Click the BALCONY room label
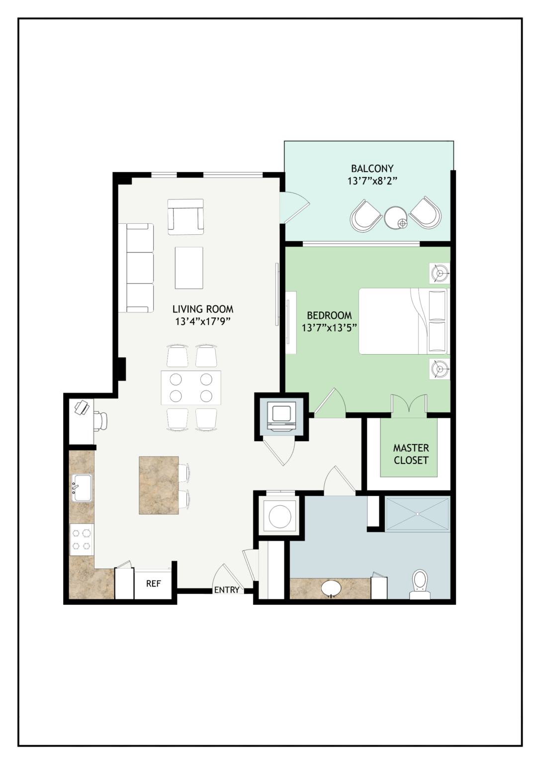click(372, 169)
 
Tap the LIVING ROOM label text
click(203, 309)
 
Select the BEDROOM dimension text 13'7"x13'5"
click(329, 328)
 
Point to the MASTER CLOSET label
click(411, 454)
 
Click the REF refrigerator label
click(154, 583)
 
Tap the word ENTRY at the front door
click(227, 590)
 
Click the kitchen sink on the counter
click(82, 488)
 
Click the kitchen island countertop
click(159, 485)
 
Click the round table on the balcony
click(396, 218)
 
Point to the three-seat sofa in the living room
click(136, 268)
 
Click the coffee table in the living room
click(189, 268)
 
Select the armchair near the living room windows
click(185, 217)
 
